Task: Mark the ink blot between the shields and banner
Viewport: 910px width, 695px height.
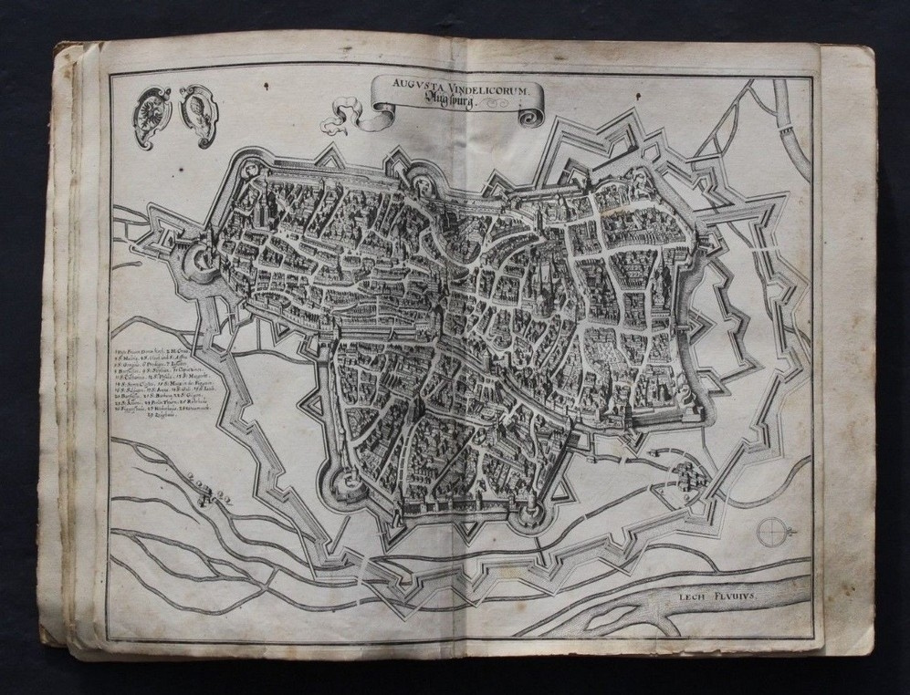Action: pos(262,87)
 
